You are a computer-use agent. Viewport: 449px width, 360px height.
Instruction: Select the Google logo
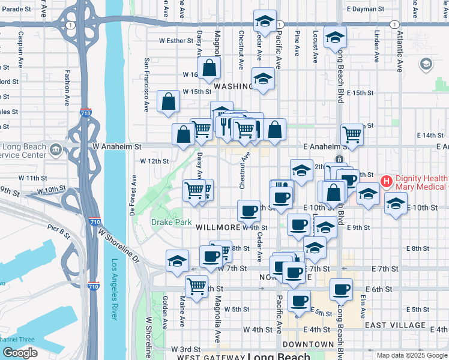[20, 352]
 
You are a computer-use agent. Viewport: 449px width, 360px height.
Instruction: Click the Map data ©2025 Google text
[412, 355]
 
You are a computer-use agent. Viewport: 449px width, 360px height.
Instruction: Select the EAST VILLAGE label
[394, 325]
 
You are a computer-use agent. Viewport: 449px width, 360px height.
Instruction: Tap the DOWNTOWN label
[308, 344]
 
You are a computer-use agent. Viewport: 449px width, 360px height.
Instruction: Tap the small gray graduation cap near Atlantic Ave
[426, 64]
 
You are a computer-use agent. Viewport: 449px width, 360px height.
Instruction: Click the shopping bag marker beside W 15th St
[169, 102]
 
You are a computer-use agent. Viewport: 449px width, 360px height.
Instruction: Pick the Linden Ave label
[377, 41]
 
